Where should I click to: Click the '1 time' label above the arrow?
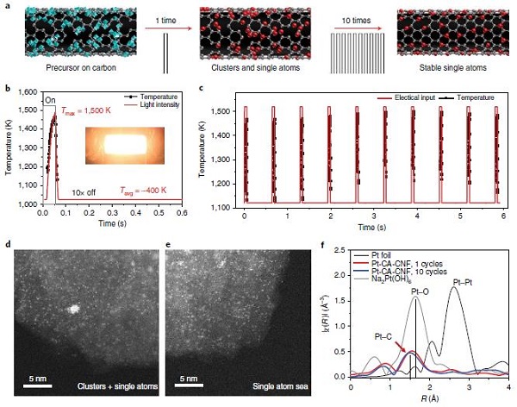click(160, 17)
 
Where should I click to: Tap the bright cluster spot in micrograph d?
click(72, 308)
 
